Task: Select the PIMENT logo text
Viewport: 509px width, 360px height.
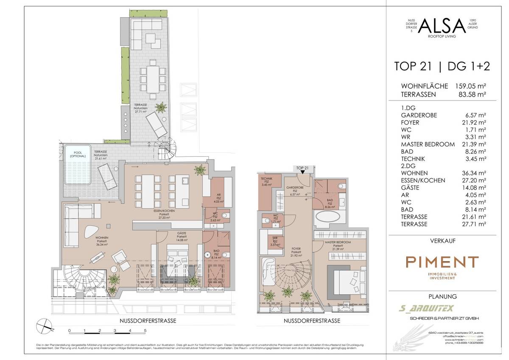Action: click(x=442, y=262)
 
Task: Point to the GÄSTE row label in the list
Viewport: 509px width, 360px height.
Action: click(x=411, y=188)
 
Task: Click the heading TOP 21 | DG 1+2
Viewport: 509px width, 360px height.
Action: click(x=442, y=66)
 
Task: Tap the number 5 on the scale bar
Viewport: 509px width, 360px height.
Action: click(x=145, y=330)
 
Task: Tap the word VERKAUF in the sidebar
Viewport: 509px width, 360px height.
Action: click(x=442, y=241)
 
